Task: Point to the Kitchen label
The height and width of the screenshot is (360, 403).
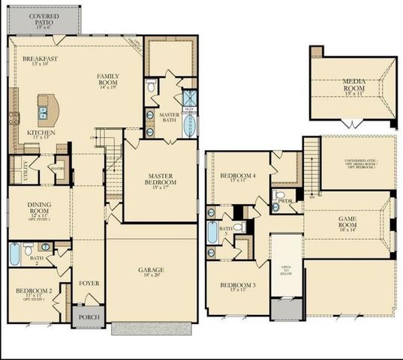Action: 42,134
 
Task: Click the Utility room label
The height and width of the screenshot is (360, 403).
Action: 15,172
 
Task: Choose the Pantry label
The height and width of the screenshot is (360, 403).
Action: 58,169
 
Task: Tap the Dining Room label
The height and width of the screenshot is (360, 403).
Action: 38,207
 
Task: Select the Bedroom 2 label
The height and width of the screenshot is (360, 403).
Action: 33,293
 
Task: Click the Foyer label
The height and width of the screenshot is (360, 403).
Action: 89,283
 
